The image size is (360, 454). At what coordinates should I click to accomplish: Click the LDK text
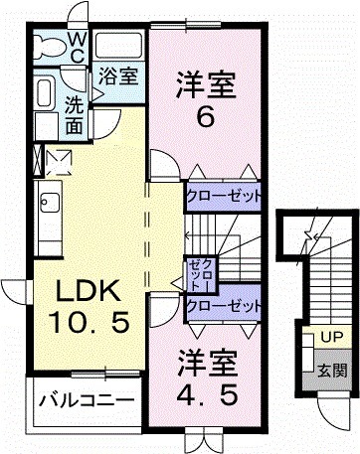pyautogui.click(x=87, y=291)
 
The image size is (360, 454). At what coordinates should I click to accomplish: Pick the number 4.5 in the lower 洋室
pyautogui.click(x=207, y=393)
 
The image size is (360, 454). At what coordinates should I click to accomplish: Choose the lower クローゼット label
pyautogui.click(x=224, y=306)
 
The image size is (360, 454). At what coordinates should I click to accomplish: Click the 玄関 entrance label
pyautogui.click(x=332, y=371)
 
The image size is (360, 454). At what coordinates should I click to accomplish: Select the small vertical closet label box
pyautogui.click(x=194, y=272)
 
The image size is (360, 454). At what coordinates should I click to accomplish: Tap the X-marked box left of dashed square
pyautogui.click(x=38, y=157)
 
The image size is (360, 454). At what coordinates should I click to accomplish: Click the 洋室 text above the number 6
pyautogui.click(x=206, y=83)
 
